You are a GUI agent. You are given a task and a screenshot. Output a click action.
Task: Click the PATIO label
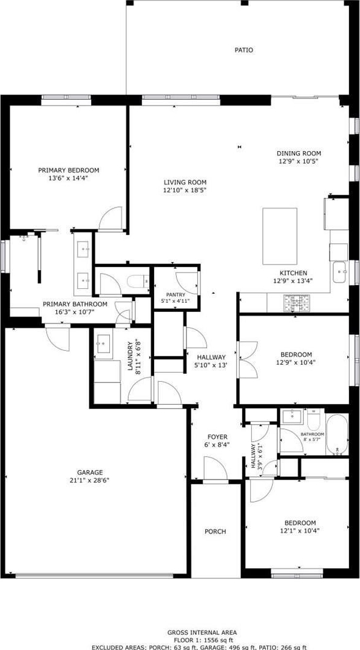[244, 50]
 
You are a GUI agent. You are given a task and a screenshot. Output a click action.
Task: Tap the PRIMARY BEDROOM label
[69, 170]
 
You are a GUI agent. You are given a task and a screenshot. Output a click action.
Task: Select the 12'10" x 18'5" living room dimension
[185, 191]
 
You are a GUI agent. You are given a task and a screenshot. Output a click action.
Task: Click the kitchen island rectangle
[279, 236]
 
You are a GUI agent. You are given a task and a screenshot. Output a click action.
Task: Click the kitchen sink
[341, 272]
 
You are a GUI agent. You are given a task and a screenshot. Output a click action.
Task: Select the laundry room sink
[103, 344]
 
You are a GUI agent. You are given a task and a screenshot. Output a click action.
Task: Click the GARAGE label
[90, 472]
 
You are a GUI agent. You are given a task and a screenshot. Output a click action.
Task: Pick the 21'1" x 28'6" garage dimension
[90, 481]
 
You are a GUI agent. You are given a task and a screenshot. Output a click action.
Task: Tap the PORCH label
[216, 532]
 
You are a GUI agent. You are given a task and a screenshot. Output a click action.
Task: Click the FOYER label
[217, 437]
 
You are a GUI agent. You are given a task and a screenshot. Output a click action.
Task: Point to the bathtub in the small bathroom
[337, 435]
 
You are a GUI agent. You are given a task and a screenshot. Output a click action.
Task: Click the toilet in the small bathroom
[313, 420]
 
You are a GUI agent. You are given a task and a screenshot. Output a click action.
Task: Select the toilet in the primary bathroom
[137, 282]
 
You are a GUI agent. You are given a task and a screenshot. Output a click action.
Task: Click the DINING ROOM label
[299, 153]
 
